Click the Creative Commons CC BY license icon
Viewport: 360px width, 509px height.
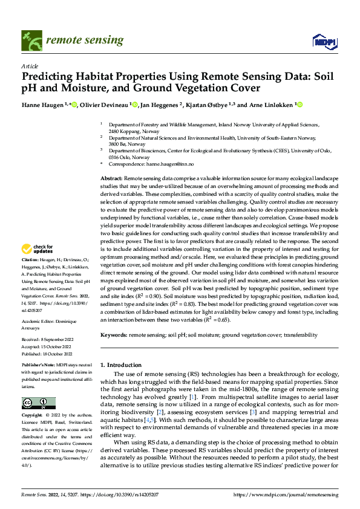pos(39,403)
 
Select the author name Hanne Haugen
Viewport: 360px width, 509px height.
pos(44,105)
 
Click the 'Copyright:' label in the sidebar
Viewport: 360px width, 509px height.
pos(33,416)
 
